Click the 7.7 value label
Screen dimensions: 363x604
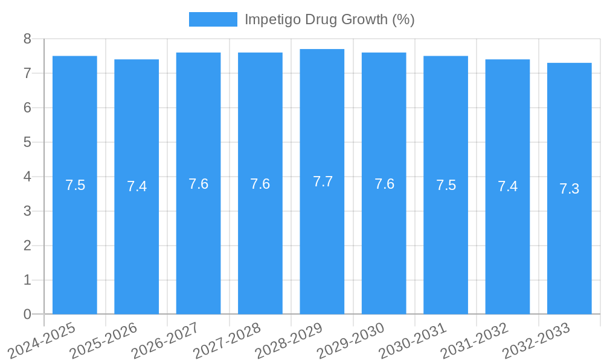coord(323,181)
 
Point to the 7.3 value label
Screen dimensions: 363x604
coord(569,189)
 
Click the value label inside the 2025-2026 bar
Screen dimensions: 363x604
coord(137,186)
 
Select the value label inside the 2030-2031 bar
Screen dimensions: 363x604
coord(446,185)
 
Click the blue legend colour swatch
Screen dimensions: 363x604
coord(213,19)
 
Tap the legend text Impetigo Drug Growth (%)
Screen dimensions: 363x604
coord(329,19)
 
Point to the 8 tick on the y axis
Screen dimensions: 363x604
coord(27,39)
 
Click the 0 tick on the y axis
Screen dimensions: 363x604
coord(27,315)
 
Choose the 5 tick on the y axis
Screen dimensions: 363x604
coord(27,142)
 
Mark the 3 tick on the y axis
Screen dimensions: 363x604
coord(27,211)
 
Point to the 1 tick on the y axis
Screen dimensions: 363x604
coord(27,280)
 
